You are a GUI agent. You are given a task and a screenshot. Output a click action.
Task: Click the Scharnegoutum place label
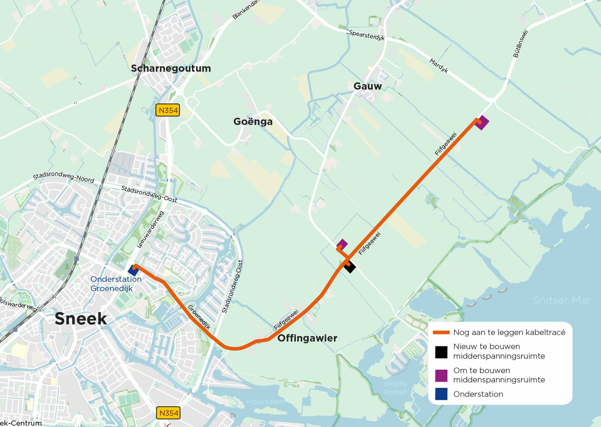click(x=171, y=68)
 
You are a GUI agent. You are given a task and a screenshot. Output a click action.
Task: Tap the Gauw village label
click(x=368, y=86)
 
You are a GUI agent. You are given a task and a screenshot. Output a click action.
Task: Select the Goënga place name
click(x=253, y=122)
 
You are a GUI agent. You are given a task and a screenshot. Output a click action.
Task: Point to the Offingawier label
click(x=307, y=338)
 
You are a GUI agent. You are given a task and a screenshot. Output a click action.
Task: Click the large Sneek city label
click(x=81, y=319)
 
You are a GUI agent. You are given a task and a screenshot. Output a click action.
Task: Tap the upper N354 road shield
click(x=168, y=111)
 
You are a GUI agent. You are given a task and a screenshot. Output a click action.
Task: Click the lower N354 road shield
click(x=168, y=413)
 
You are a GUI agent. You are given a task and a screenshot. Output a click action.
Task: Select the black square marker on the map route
click(x=350, y=267)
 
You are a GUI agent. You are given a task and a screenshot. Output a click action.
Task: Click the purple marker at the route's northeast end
click(x=482, y=123)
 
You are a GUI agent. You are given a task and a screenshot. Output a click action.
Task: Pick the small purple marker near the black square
click(x=342, y=245)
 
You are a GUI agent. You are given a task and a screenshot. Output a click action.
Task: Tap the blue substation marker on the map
click(x=133, y=270)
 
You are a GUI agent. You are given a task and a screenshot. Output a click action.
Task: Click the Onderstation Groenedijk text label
click(x=116, y=284)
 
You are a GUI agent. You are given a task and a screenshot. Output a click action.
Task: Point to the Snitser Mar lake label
click(x=562, y=300)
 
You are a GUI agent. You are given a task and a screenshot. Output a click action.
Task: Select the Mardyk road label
click(x=439, y=66)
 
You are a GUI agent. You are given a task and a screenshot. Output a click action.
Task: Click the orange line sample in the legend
click(x=441, y=332)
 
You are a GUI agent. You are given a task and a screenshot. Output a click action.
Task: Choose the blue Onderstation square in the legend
click(x=441, y=394)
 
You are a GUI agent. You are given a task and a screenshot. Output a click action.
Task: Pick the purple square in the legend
click(x=441, y=376)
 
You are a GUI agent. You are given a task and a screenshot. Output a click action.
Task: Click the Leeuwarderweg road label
click(x=150, y=230)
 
